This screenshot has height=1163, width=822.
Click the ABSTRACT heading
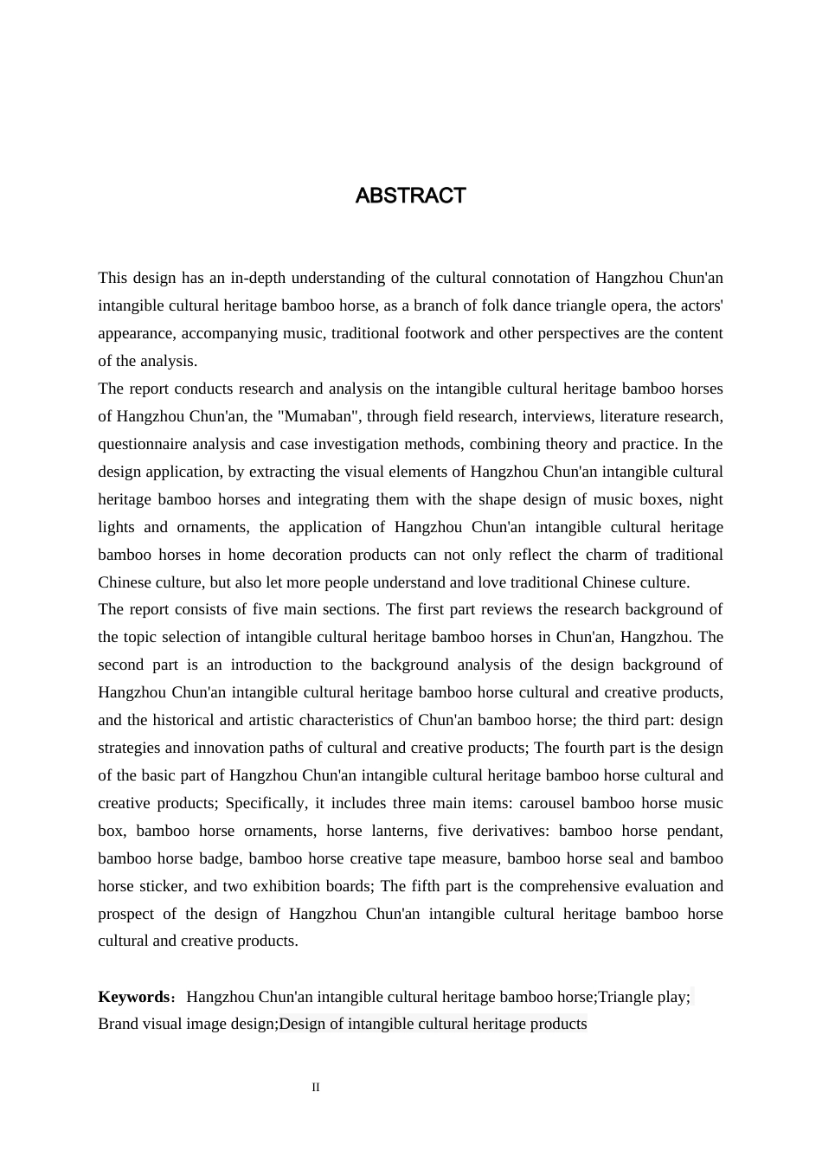410,196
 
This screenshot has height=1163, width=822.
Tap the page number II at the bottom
316,1088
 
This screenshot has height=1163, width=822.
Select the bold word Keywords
134,997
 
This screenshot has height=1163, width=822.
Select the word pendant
695,831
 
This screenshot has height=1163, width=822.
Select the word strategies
129,748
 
